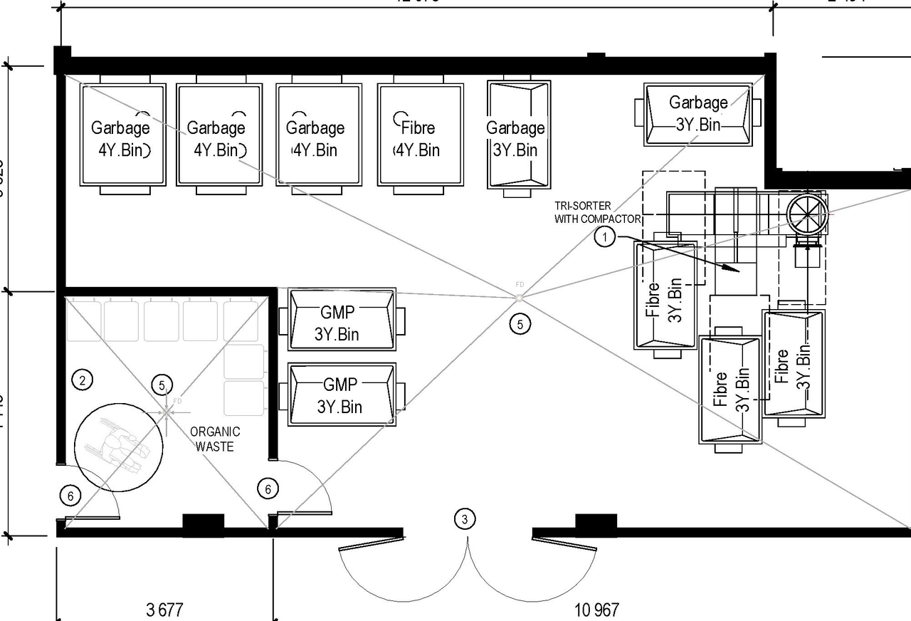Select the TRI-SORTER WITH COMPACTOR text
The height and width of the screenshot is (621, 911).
pos(598,212)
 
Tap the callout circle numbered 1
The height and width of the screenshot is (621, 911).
pos(604,237)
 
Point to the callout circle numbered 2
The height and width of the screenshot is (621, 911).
pos(83,380)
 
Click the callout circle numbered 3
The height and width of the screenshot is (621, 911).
pos(465,519)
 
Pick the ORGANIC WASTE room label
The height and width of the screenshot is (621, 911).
pos(215,439)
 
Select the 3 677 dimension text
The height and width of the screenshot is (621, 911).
pos(164,610)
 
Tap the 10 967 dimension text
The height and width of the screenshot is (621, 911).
pos(596,610)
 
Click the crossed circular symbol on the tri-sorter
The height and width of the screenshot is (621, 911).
pos(806,212)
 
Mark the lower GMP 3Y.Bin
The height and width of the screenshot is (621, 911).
pos(342,395)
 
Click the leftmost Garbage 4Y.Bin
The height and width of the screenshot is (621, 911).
pos(122,135)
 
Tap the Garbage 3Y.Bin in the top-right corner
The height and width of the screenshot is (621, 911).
pos(697,114)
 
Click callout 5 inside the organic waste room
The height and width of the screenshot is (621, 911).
pos(162,385)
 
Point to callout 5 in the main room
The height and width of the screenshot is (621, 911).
pos(520,324)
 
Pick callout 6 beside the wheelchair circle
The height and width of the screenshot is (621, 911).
pos(70,495)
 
